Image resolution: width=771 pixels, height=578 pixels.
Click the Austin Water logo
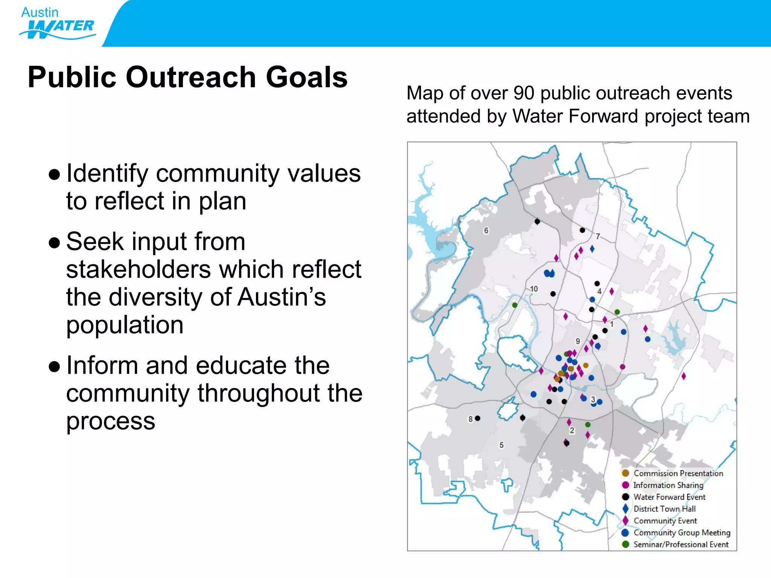click(x=57, y=23)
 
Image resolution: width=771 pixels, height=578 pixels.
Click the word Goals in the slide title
click(x=306, y=77)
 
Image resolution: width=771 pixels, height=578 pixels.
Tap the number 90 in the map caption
click(x=524, y=93)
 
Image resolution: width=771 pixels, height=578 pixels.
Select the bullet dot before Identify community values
click(x=55, y=175)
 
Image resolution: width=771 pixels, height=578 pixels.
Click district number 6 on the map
click(x=486, y=230)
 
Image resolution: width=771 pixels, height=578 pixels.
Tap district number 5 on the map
click(x=501, y=445)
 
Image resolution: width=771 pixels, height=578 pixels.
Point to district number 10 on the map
click(x=534, y=289)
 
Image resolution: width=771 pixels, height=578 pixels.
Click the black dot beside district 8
click(x=477, y=418)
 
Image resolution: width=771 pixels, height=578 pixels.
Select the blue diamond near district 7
click(x=592, y=249)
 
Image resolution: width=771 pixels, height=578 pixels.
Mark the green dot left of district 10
click(x=515, y=305)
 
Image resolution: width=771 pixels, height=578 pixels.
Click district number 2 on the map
click(x=572, y=430)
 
